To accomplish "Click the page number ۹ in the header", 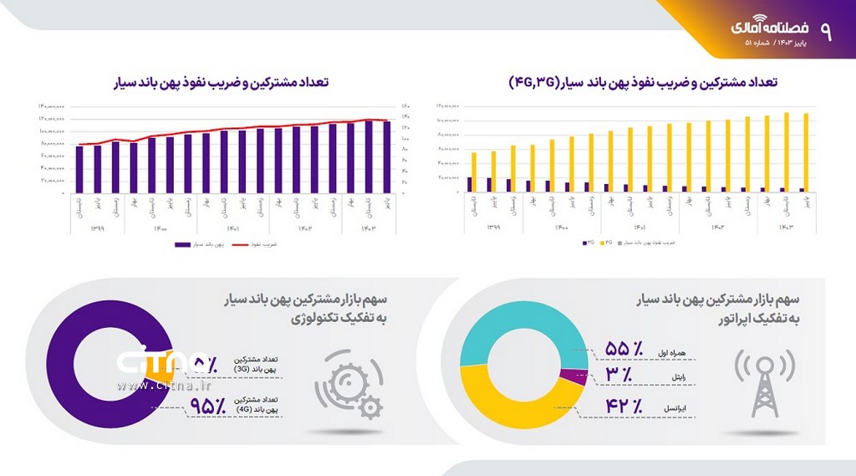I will click(x=826, y=31).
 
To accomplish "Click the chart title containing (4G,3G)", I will click(x=643, y=82).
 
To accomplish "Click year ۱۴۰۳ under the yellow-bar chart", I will click(x=787, y=227).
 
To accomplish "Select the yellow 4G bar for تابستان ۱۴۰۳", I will click(x=787, y=151).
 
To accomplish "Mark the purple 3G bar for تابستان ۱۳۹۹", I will click(x=470, y=184).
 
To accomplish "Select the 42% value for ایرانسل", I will click(x=623, y=407).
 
